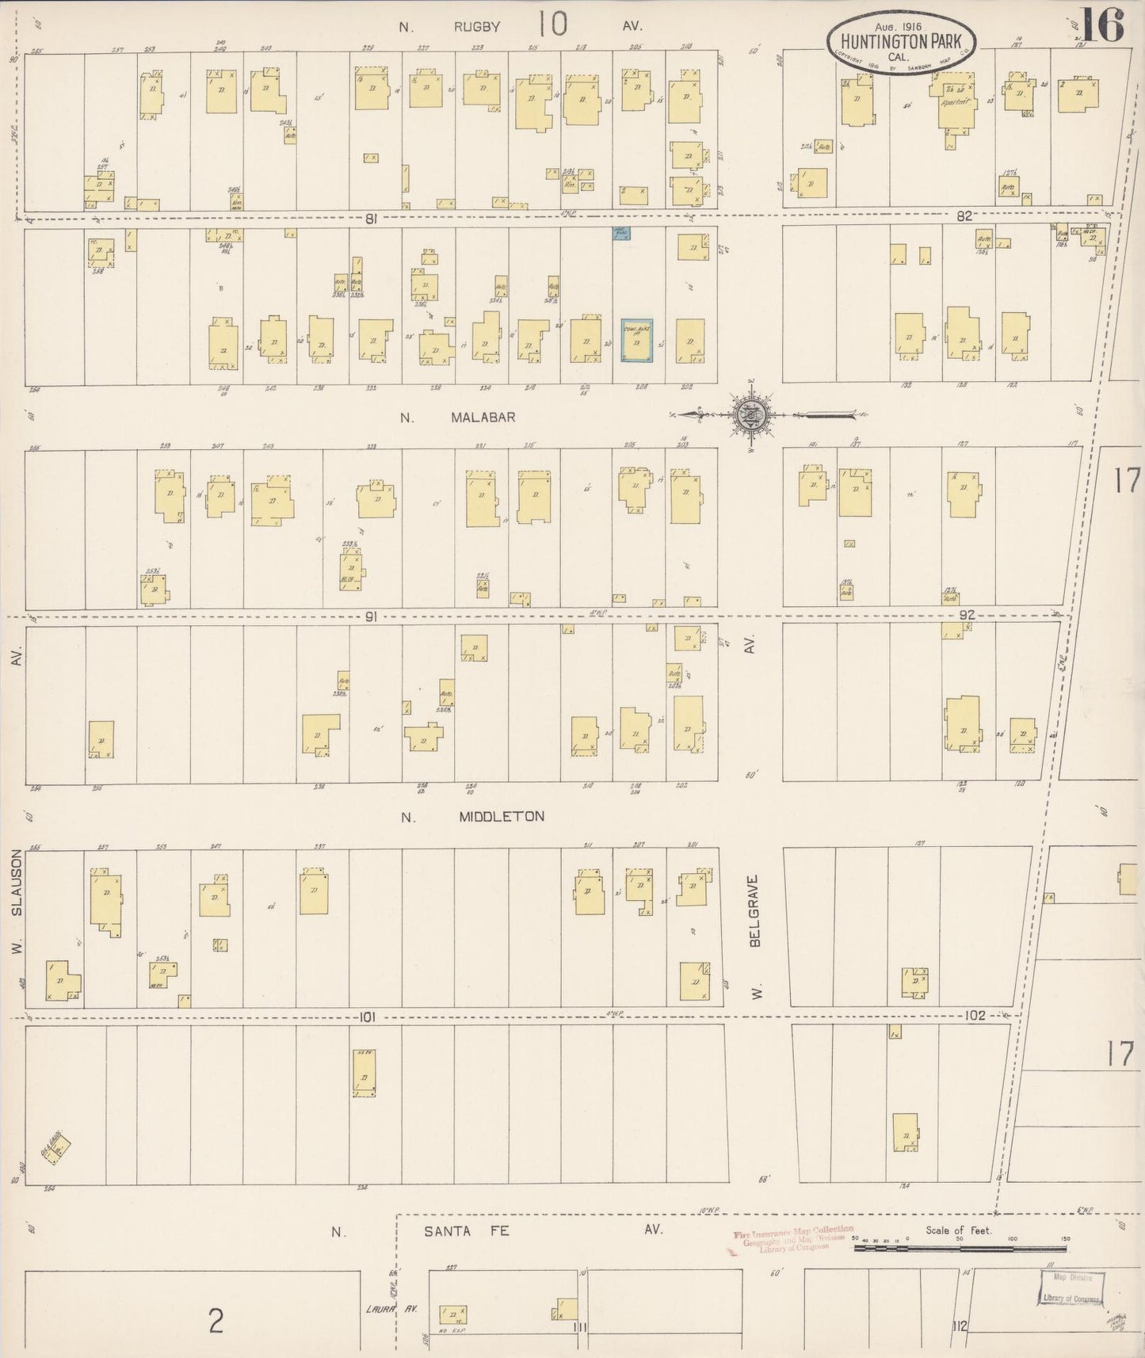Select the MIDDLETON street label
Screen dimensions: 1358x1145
[502, 817]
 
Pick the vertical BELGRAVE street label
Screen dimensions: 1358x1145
[755, 911]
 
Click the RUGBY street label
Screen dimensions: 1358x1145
[477, 27]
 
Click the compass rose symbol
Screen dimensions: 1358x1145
[749, 414]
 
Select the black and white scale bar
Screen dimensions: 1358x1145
[959, 1249]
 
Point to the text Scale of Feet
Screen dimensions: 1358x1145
[957, 1231]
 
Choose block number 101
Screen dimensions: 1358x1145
[366, 1017]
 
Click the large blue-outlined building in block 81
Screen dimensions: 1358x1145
[636, 341]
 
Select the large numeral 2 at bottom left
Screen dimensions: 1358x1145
[215, 1321]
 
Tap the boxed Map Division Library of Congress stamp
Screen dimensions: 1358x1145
[1071, 1287]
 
